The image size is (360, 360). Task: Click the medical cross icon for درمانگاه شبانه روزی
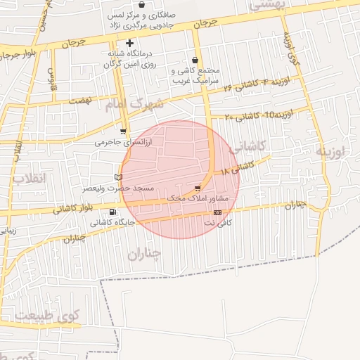point(129,44)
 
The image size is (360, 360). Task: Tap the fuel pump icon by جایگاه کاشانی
point(112,212)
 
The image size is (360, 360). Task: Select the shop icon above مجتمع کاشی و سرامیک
point(195,60)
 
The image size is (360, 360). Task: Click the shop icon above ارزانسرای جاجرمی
point(123,131)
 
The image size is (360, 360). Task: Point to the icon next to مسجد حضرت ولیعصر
point(117,176)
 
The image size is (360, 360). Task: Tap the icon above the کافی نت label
point(217,212)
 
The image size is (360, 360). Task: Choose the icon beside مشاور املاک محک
point(198,188)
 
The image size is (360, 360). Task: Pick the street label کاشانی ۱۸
point(236,168)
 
